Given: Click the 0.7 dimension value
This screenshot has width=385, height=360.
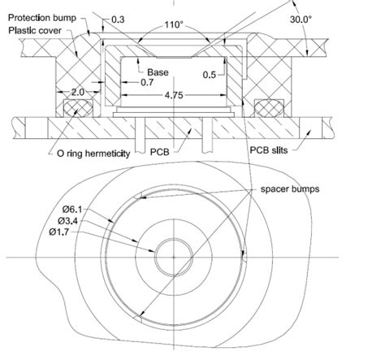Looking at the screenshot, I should coord(146,83).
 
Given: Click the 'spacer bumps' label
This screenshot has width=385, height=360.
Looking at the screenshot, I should coord(289,188).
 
